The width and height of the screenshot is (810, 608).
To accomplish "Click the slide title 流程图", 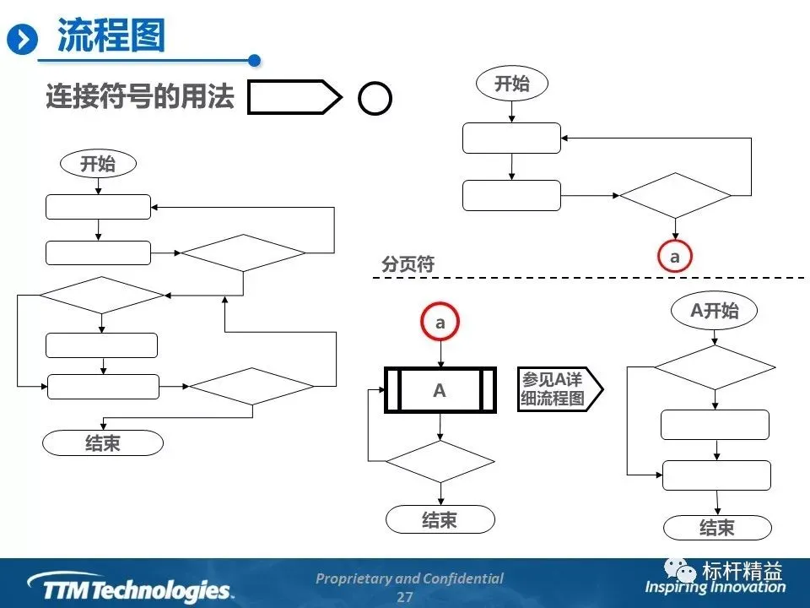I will [111, 37].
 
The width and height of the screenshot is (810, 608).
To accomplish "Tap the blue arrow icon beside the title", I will [23, 39].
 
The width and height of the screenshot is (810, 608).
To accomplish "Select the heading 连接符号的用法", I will [139, 97].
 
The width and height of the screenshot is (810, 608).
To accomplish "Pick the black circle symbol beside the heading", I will [375, 99].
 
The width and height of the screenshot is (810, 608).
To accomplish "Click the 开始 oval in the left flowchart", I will [98, 164].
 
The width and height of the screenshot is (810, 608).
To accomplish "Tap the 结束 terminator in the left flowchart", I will [102, 443].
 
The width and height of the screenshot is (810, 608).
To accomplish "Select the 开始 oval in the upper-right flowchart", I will [511, 84].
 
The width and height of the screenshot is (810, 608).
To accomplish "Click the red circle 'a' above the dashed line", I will [674, 257].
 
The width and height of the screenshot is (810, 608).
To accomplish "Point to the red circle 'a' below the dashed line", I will [440, 323].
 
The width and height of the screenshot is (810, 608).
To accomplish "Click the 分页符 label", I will [408, 264].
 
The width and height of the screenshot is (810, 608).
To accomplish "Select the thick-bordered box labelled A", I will [440, 390].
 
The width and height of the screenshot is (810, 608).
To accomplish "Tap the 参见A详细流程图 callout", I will [559, 389].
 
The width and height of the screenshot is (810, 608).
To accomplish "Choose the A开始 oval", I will [714, 311].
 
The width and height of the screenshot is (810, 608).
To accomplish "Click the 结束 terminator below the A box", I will [440, 519].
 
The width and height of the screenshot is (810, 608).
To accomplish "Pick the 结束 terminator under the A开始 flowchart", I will [717, 528].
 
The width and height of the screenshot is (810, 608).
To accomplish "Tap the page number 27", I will [405, 597].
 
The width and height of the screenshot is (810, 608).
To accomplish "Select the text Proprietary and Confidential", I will [409, 578].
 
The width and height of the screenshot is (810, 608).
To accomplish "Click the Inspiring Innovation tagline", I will [715, 587].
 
